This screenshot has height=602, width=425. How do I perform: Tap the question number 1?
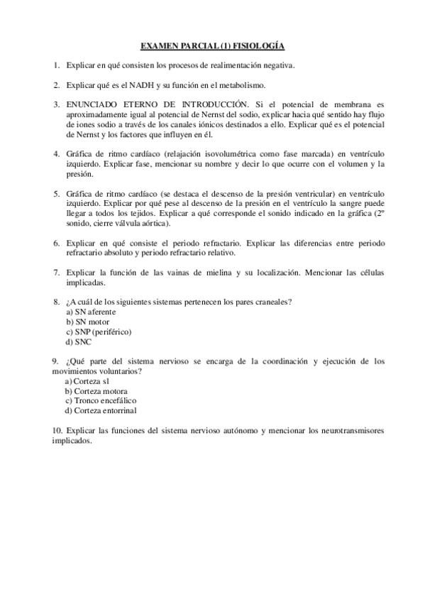click(55, 65)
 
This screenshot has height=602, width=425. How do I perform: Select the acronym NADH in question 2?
click(140, 85)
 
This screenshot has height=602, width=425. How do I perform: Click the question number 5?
click(55, 193)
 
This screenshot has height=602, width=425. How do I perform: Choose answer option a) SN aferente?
click(91, 312)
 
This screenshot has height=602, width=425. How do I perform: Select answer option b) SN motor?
click(87, 322)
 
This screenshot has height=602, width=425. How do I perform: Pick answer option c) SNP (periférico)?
click(99, 332)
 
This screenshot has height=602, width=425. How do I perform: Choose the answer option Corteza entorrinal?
click(100, 410)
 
